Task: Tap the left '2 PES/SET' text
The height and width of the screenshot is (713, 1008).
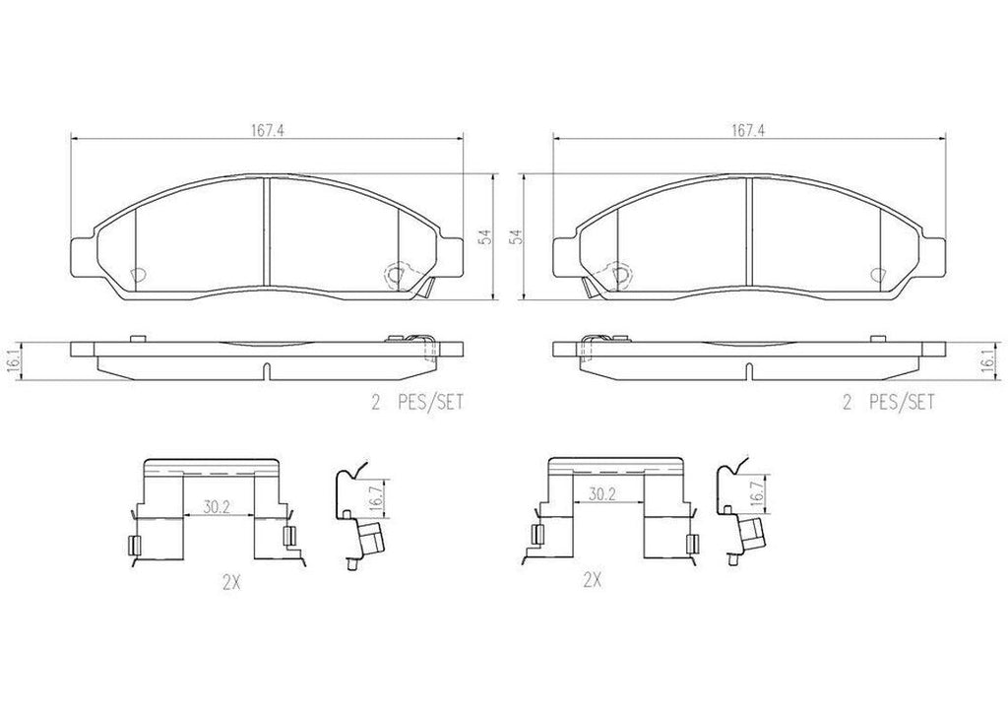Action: [x=414, y=403]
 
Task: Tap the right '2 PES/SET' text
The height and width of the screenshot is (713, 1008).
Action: [x=886, y=403]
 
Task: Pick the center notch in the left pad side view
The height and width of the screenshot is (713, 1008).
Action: [x=266, y=371]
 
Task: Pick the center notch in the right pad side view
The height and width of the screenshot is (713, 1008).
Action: [x=750, y=371]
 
